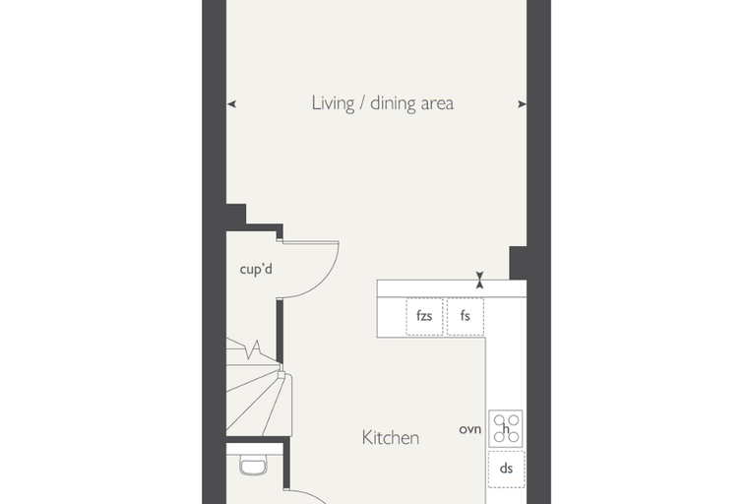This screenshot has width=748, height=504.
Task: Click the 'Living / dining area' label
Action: pos(383,103)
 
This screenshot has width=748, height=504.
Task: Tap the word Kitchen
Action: pos(391,438)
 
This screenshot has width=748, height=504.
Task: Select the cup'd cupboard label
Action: pos(256,269)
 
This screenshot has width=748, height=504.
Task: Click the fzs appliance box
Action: pos(424,316)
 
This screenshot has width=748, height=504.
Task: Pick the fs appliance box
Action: pos(466,316)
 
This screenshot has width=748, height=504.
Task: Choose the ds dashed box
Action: pos(507,469)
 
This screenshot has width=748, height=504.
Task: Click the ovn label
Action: pos(469,429)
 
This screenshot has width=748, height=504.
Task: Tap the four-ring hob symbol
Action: pos(506,428)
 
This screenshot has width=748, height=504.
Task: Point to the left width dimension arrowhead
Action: pos(231,104)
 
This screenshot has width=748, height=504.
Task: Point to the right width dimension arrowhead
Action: pos(522,104)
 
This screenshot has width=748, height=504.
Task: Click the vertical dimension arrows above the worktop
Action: pos(480,281)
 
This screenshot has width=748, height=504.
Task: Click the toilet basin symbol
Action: pos(253,466)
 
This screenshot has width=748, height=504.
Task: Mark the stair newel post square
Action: pos(281,375)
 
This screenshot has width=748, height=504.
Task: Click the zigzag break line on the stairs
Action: pos(253,349)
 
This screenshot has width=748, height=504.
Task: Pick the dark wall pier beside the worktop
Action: pos(518,263)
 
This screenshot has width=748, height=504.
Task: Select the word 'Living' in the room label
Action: pos(333,103)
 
